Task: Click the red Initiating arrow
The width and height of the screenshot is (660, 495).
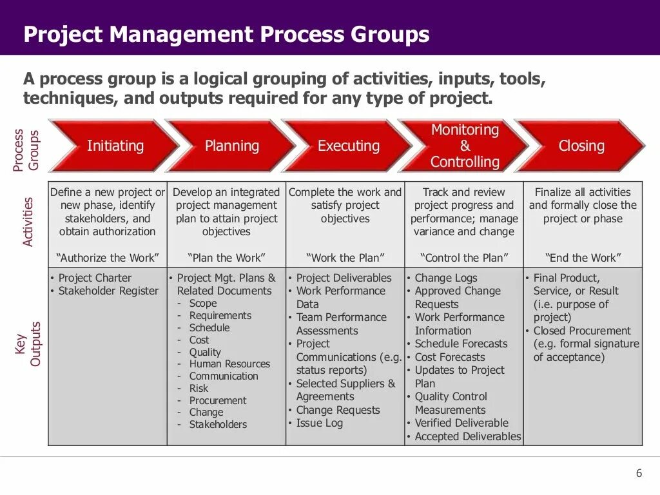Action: click(115, 146)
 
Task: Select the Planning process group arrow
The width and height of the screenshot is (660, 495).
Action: click(231, 146)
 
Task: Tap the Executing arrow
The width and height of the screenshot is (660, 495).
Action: click(348, 146)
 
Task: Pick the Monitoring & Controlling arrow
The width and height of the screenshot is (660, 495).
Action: click(465, 146)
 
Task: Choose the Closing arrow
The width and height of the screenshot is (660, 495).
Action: click(581, 146)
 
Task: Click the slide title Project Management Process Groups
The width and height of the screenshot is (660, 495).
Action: click(226, 34)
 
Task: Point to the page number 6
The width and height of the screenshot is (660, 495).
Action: click(639, 473)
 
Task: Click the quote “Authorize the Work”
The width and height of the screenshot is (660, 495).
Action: click(108, 258)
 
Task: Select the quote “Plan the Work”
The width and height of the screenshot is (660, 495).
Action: click(226, 258)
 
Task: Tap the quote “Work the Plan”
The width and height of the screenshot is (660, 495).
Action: click(345, 258)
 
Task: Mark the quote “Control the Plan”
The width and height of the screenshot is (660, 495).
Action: click(464, 258)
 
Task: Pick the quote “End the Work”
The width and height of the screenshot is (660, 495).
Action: click(583, 258)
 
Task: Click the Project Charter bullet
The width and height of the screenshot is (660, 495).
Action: click(95, 278)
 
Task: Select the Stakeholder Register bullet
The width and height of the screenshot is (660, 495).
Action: click(108, 291)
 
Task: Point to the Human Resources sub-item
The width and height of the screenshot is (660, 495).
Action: click(229, 364)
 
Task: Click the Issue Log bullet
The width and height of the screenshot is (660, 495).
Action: click(319, 423)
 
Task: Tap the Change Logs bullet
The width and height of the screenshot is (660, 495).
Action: click(446, 278)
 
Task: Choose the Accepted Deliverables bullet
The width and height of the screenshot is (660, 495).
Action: click(467, 436)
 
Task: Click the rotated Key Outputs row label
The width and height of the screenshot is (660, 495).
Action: click(28, 344)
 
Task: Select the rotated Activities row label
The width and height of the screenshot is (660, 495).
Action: click(28, 222)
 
